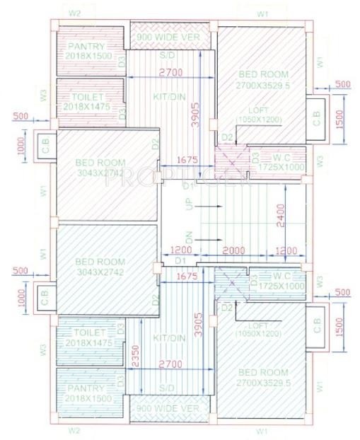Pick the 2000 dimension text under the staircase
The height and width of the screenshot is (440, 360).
234,251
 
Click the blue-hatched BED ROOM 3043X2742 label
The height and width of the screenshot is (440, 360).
99,266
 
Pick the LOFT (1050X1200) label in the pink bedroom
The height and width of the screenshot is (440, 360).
265,115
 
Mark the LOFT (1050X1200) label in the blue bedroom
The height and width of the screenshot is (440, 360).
265,328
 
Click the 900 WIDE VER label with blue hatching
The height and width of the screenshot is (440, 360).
170,408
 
